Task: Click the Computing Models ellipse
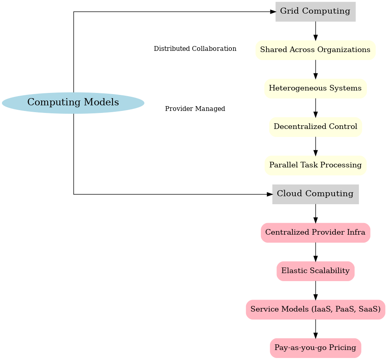click(73, 103)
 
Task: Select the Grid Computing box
click(315, 12)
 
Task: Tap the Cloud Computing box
click(315, 194)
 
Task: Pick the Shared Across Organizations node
click(315, 50)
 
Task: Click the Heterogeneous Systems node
click(315, 88)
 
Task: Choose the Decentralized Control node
click(315, 127)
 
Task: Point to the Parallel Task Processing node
click(315, 165)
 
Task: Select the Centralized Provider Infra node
click(315, 233)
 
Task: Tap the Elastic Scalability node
click(315, 271)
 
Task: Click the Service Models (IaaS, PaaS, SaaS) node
click(315, 310)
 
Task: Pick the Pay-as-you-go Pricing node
click(315, 348)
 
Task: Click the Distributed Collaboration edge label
click(195, 49)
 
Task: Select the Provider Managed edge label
click(195, 109)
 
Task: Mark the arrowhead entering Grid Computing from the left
click(273, 12)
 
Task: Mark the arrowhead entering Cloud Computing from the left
click(270, 194)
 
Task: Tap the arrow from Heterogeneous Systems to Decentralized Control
click(316, 108)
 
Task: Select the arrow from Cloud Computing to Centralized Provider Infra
click(316, 213)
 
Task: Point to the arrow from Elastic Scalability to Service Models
click(316, 290)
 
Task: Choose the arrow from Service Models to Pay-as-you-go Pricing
click(316, 329)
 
